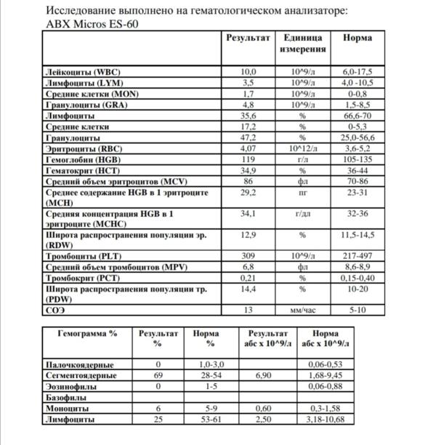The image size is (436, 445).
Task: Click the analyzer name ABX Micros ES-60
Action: pyautogui.click(x=92, y=23)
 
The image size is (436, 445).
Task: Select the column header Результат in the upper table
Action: pyautogui.click(x=248, y=37)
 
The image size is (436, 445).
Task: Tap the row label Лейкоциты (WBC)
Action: pyautogui.click(x=79, y=72)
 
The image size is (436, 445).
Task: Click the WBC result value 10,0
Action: pyautogui.click(x=249, y=72)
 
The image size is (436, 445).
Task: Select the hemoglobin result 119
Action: pyautogui.click(x=249, y=158)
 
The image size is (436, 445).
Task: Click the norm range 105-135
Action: pyautogui.click(x=360, y=158)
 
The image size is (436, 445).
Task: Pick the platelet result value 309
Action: pyautogui.click(x=249, y=257)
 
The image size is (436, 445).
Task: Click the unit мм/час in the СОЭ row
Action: pyautogui.click(x=302, y=310)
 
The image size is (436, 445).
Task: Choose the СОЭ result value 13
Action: pyautogui.click(x=249, y=310)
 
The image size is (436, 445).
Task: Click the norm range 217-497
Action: pyautogui.click(x=360, y=257)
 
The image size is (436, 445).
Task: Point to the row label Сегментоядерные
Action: pyautogui.click(x=81, y=375)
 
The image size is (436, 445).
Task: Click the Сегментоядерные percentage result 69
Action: pyautogui.click(x=158, y=375)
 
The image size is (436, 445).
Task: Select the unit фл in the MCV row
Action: pyautogui.click(x=302, y=180)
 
